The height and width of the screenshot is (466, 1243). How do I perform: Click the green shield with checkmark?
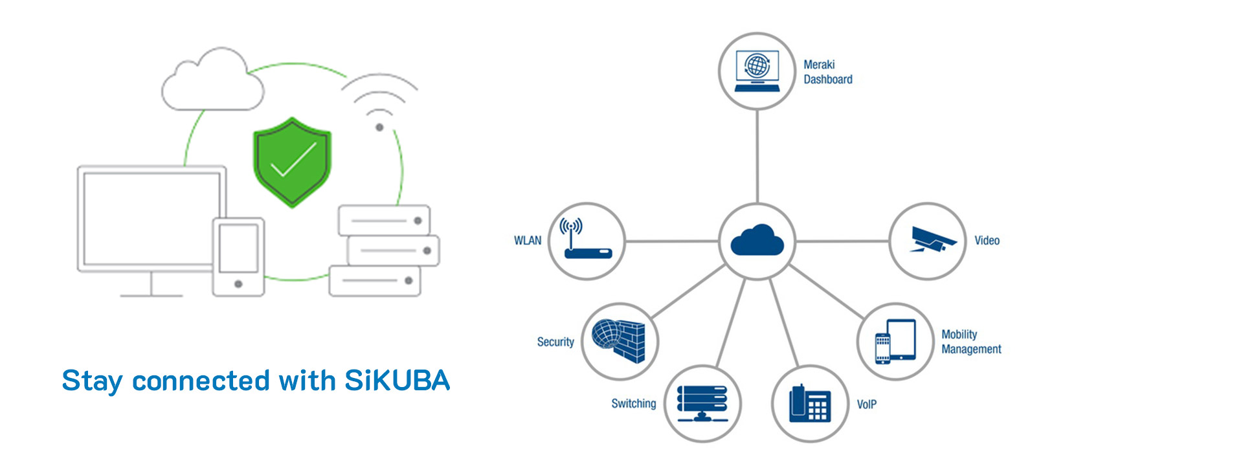coord(292,162)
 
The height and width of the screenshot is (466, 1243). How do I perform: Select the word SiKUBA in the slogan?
coord(397,381)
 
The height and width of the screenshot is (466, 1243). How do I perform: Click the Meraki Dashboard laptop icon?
coord(757,71)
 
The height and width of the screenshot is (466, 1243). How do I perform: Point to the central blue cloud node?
coord(757,241)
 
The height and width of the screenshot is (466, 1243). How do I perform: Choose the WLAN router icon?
coord(587,241)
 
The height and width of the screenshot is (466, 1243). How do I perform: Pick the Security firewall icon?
coord(620,341)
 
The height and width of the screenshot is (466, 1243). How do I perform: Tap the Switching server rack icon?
coord(702,403)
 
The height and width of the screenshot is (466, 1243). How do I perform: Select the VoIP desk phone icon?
coord(810,403)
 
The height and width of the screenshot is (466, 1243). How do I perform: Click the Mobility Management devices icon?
coord(895,341)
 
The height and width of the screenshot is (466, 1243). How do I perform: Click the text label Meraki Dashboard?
coord(827,72)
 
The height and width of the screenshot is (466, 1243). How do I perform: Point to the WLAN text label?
coord(528,241)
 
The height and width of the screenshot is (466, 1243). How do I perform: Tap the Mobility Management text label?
coord(970,342)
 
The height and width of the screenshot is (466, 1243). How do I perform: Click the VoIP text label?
coord(866,405)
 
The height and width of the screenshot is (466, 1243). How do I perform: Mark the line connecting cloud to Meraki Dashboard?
coord(757,155)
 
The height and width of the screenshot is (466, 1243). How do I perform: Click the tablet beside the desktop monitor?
coord(238,257)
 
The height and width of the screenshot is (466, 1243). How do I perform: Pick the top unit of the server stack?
coord(384,221)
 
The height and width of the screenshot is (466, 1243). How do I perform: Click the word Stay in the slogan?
coord(91,381)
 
